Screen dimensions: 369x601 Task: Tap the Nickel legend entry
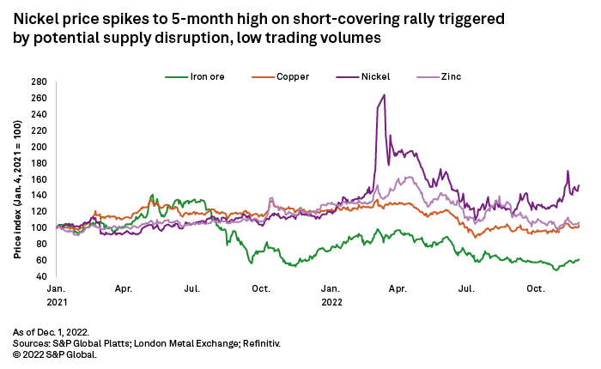click(x=374, y=76)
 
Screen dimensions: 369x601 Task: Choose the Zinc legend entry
click(x=449, y=76)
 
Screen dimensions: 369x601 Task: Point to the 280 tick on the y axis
click(x=39, y=82)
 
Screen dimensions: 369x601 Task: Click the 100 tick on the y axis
click(x=39, y=227)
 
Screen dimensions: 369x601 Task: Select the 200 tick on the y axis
click(x=39, y=147)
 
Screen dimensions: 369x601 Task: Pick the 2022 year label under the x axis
click(x=332, y=302)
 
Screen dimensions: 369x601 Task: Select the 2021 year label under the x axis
click(x=57, y=302)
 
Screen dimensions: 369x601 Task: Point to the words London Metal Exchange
click(x=181, y=342)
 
